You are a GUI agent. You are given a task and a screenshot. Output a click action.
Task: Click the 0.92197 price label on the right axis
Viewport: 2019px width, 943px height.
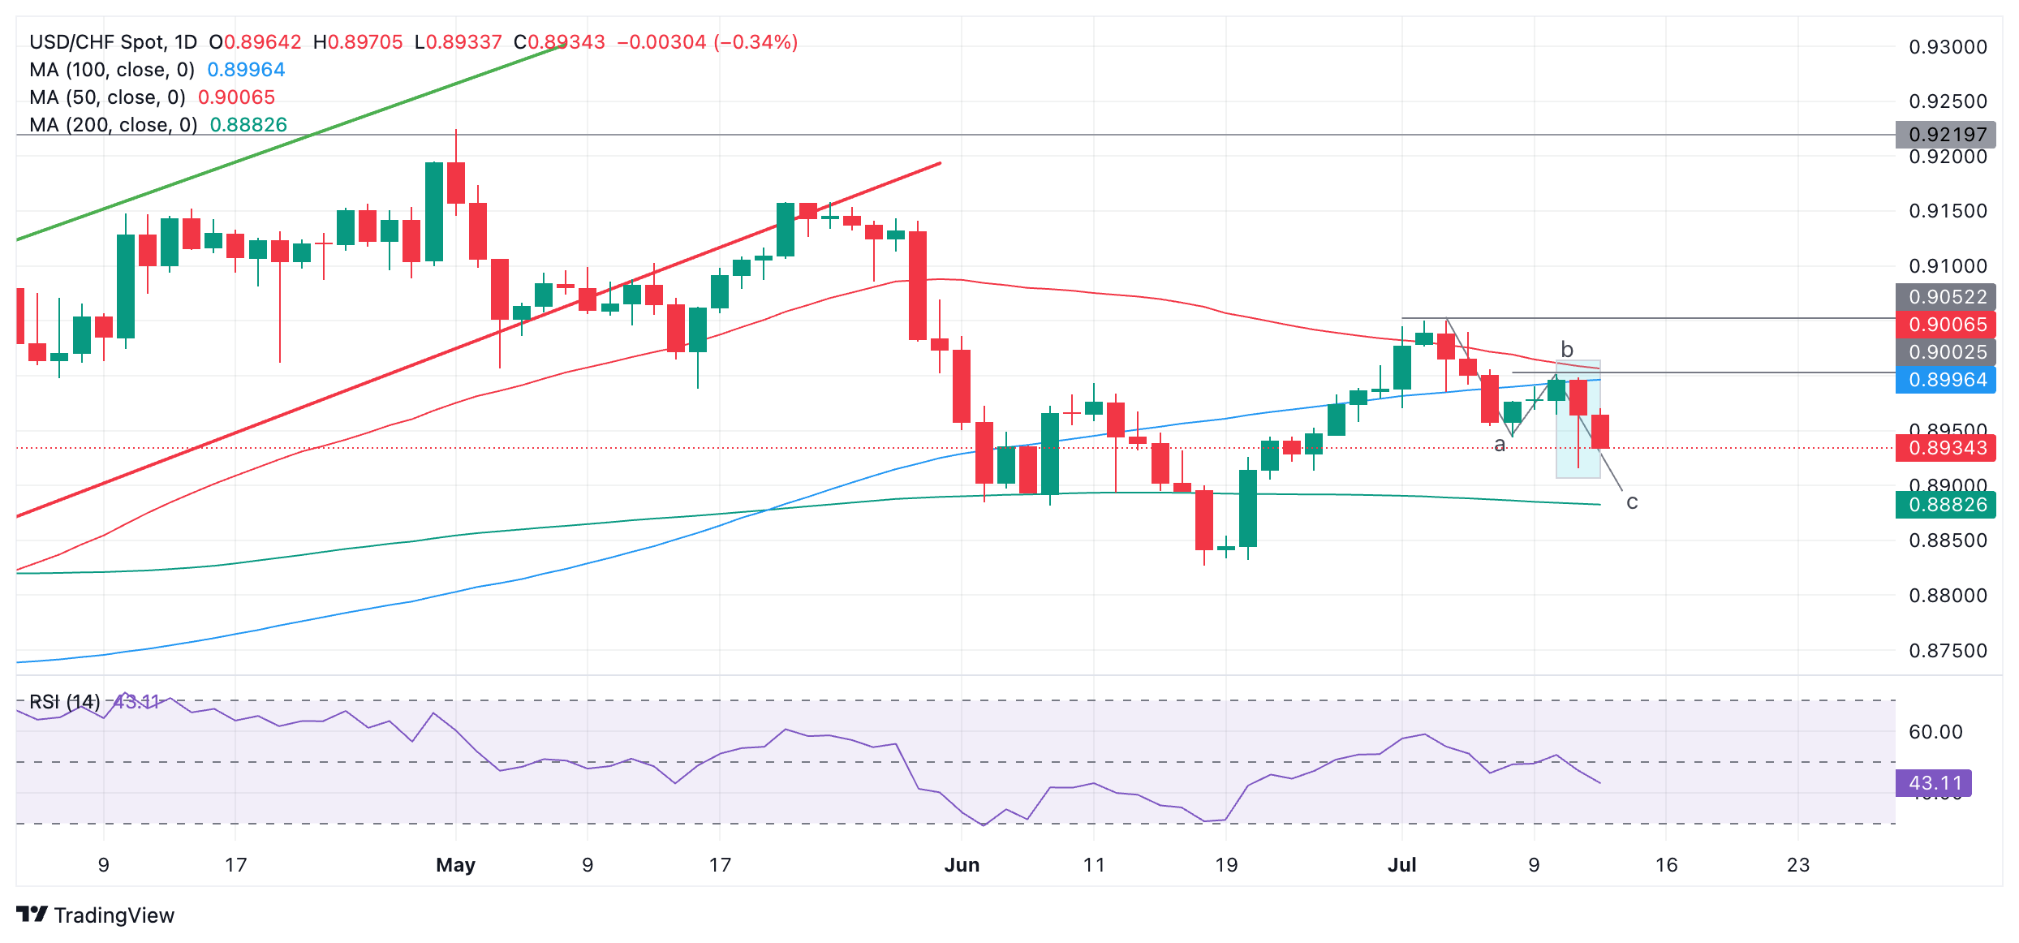[1947, 135]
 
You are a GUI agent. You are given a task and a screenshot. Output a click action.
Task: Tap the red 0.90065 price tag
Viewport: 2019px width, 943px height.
[1947, 325]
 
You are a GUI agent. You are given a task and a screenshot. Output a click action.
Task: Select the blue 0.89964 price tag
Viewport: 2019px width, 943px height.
[1947, 380]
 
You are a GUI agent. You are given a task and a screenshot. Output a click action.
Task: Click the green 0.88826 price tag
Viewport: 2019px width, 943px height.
[1947, 505]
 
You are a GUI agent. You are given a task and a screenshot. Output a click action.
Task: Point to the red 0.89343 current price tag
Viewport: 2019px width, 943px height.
[1947, 448]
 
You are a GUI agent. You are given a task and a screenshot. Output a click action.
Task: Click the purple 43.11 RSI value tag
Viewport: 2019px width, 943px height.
[1935, 783]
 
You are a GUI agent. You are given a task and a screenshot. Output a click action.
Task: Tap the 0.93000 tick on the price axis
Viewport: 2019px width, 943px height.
[1947, 47]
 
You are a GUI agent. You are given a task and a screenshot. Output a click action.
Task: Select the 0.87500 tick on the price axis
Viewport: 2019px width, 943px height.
[1947, 651]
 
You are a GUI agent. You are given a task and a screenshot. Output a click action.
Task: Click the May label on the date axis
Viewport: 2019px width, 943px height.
[455, 865]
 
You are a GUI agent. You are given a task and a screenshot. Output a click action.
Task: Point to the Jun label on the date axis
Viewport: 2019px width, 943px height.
[962, 865]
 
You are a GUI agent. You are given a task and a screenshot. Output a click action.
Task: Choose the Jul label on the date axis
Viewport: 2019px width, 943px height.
[1401, 865]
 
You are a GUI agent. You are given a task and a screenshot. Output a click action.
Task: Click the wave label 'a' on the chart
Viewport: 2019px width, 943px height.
[1500, 445]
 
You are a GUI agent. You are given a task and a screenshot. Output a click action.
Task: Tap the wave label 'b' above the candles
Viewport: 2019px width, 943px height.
[1567, 349]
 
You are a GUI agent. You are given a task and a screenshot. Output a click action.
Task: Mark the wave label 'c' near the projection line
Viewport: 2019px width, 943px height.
[1632, 502]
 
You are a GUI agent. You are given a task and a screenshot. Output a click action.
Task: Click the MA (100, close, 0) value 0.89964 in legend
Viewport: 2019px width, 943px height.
[246, 70]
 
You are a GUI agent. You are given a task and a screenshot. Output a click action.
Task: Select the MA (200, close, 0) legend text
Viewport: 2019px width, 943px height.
[114, 125]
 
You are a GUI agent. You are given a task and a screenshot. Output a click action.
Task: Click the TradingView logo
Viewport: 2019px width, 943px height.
[95, 915]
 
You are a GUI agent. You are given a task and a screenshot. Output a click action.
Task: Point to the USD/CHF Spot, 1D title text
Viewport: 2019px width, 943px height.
[113, 42]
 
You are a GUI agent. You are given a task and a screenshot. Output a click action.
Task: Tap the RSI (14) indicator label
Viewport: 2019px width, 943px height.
[65, 702]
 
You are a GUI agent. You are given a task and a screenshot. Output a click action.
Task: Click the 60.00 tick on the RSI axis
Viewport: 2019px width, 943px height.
[1935, 732]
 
